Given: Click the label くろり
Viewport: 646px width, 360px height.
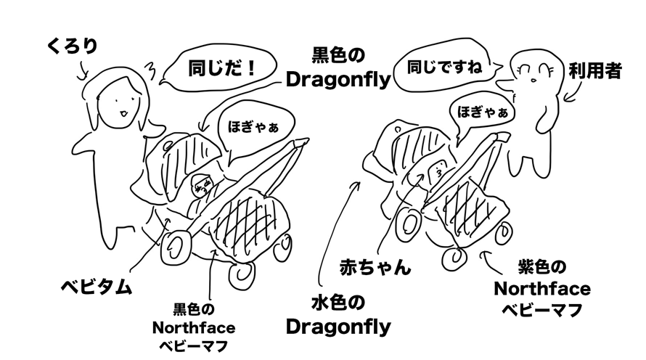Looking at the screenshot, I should pos(71,47).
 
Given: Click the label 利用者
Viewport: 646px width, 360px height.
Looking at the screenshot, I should pos(594,71).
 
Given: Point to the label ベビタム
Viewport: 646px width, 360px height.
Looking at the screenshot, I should pos(96,286).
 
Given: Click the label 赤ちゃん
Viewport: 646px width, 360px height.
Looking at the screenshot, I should pos(375,266).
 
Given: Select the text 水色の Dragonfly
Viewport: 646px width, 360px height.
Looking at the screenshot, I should pos(338,314).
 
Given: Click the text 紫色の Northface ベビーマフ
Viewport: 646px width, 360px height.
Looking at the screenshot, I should pos(541,288).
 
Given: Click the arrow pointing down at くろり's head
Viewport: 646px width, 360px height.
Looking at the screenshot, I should pos(82,69).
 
